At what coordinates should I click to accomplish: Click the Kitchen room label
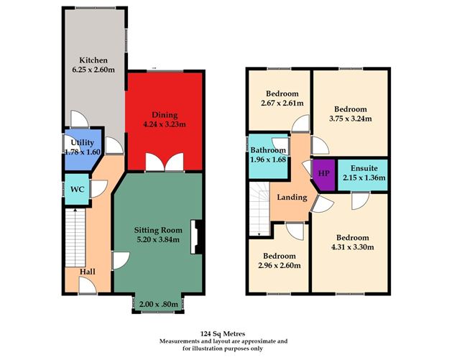[x=93, y=60]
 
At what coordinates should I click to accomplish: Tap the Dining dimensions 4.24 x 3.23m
[x=165, y=124]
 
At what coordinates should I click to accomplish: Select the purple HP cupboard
[x=324, y=175]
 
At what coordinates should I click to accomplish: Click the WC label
[x=78, y=190]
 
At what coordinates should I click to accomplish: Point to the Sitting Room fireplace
[x=196, y=237]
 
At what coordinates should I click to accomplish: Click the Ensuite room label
[x=364, y=168]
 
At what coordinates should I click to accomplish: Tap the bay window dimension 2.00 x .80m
[x=159, y=305]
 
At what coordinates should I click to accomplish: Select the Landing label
[x=292, y=198]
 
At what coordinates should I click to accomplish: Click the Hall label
[x=88, y=272]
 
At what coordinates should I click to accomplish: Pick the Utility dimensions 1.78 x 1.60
[x=83, y=152]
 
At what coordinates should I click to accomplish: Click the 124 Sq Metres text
[x=223, y=333]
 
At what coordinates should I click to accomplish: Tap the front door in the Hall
[x=88, y=285]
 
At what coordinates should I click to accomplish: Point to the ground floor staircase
[x=75, y=238]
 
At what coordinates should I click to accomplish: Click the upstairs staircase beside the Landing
[x=259, y=209]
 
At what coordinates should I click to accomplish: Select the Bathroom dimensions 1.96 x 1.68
[x=268, y=160]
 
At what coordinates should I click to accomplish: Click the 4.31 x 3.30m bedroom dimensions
[x=353, y=247]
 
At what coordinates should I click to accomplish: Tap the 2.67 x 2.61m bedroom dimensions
[x=282, y=103]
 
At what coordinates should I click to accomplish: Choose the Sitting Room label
[x=158, y=230]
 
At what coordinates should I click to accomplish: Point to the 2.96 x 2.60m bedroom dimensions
[x=280, y=265]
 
